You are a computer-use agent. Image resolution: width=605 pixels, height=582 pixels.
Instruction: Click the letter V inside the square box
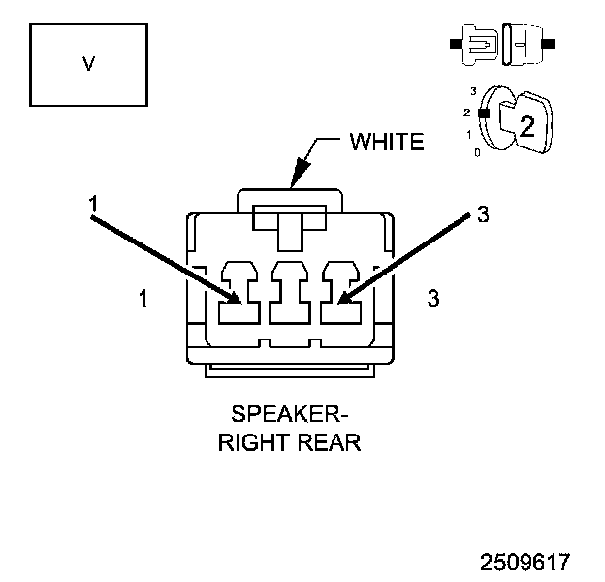(x=88, y=64)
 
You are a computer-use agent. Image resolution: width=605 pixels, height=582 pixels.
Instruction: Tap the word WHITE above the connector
(x=387, y=143)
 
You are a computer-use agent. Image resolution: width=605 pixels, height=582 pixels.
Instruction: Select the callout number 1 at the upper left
(x=93, y=205)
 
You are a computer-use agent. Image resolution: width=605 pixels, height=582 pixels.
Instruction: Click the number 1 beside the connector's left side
(x=143, y=299)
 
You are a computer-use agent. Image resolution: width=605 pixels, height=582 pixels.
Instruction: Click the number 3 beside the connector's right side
(x=433, y=299)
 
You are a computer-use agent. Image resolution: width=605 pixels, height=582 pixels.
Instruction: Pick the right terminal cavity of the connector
(x=339, y=292)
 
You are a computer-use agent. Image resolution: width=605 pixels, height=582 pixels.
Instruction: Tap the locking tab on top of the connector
(x=290, y=216)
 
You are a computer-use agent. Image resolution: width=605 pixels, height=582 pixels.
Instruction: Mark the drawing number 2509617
(x=524, y=562)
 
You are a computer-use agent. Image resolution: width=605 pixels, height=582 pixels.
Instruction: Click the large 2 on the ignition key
(x=526, y=125)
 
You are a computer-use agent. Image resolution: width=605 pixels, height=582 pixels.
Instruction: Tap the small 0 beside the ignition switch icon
(x=476, y=152)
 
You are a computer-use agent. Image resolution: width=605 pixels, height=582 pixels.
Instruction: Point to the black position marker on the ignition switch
(x=482, y=112)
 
